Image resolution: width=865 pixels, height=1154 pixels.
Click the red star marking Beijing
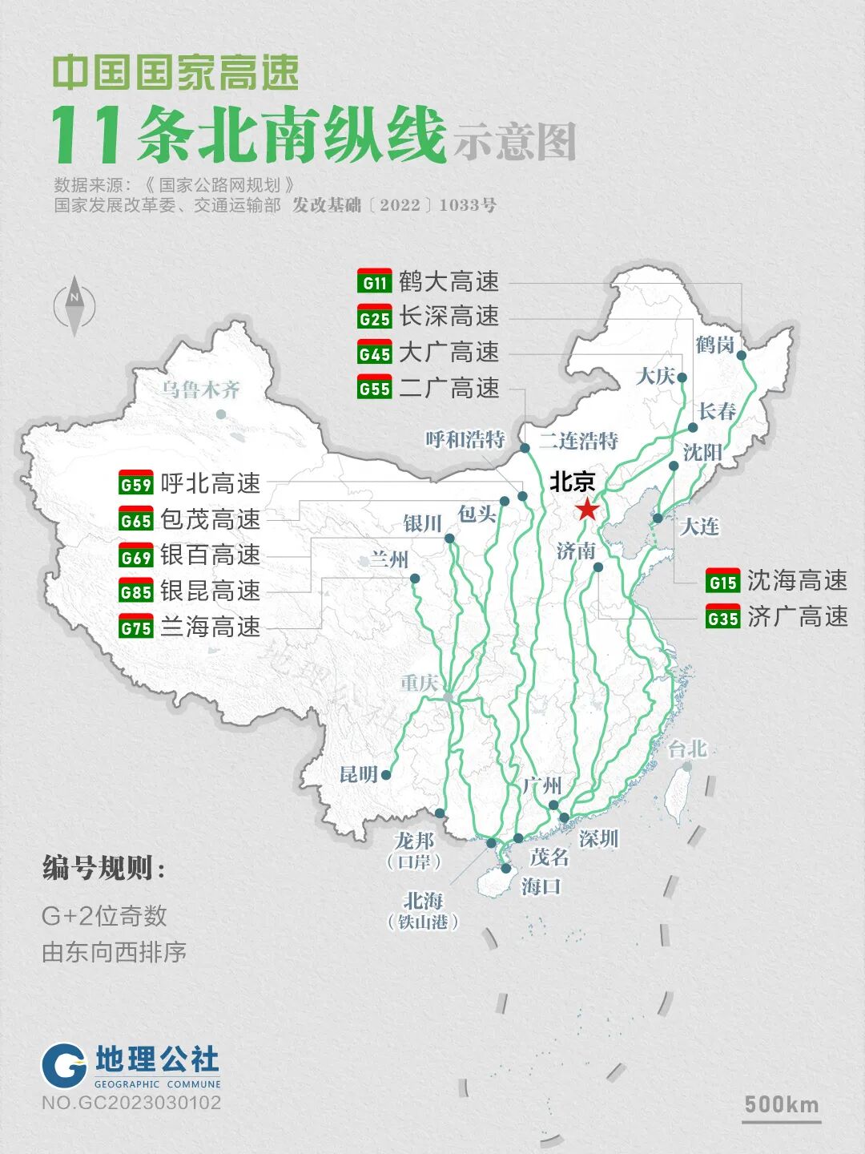tap(587, 509)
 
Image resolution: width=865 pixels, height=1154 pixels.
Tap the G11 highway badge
tap(374, 281)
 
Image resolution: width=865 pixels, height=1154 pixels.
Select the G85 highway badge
tap(135, 591)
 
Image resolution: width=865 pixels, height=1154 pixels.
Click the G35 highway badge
tap(722, 617)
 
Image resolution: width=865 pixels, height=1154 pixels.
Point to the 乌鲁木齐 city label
tap(200, 390)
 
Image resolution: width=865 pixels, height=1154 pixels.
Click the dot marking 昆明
tap(386, 775)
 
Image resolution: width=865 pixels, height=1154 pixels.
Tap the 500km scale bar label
tap(781, 1104)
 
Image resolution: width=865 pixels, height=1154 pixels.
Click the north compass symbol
tap(74, 305)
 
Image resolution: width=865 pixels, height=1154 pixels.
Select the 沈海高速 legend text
tap(797, 580)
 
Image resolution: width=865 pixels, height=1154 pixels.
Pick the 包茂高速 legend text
tap(211, 519)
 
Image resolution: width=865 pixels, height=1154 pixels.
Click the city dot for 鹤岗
tap(742, 355)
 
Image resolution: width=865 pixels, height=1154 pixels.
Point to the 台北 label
tap(688, 748)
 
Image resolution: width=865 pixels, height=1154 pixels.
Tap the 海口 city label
tap(541, 886)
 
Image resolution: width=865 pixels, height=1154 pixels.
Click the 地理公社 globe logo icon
tap(64, 1067)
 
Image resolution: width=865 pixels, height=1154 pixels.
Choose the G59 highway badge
tap(135, 483)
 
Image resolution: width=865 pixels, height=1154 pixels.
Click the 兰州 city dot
tap(415, 578)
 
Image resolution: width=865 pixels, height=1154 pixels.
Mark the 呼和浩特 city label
tap(465, 439)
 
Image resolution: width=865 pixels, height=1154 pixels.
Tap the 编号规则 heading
tap(104, 868)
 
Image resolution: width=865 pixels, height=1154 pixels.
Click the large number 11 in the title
tap(88, 135)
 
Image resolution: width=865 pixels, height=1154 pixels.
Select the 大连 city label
tap(699, 527)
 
